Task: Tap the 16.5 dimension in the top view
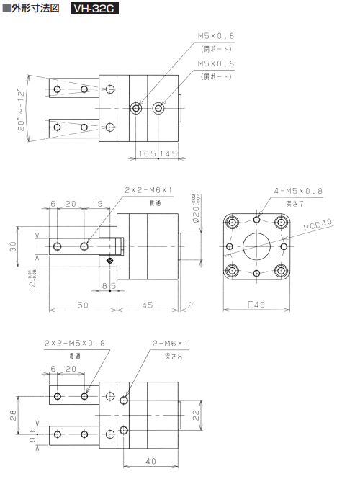147,153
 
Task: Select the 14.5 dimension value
169,153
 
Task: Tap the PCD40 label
319,225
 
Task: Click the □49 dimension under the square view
257,305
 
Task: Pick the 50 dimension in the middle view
83,305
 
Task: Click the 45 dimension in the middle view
147,305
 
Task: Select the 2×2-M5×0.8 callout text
75,343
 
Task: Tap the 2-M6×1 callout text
170,343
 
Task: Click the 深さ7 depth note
298,205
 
